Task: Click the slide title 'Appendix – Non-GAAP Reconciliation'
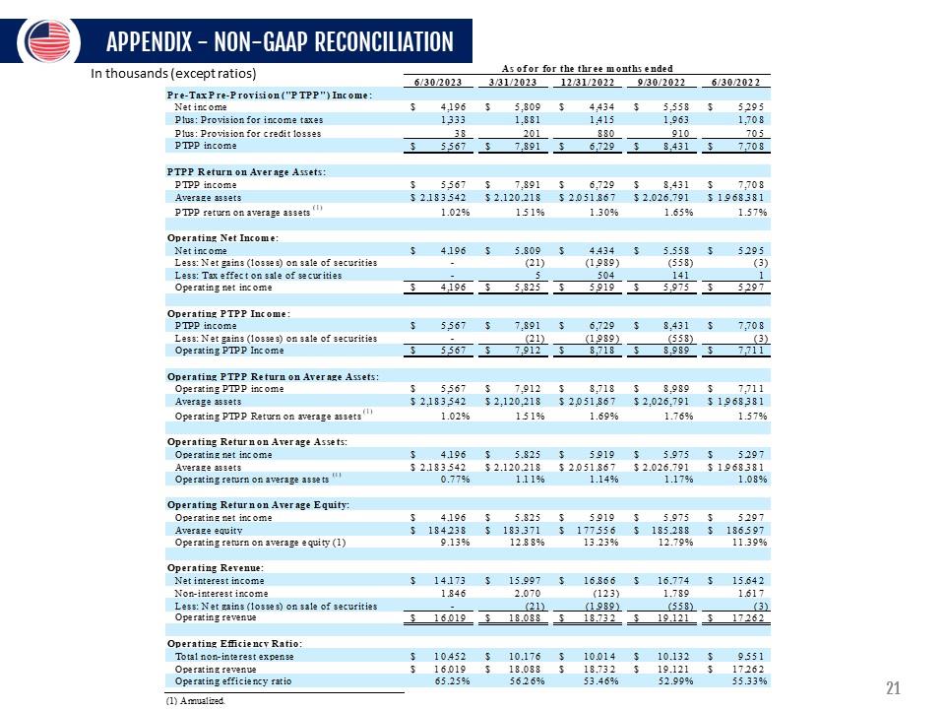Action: coord(280,42)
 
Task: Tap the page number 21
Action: coord(894,688)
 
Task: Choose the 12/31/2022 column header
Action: coord(587,81)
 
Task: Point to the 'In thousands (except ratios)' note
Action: coord(173,73)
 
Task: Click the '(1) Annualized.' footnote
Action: coord(195,701)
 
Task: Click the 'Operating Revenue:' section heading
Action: coord(213,568)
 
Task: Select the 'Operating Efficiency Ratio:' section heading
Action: coord(234,643)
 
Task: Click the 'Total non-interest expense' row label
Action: coord(234,655)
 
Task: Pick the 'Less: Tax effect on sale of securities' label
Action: coord(258,276)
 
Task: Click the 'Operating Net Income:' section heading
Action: coord(222,237)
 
